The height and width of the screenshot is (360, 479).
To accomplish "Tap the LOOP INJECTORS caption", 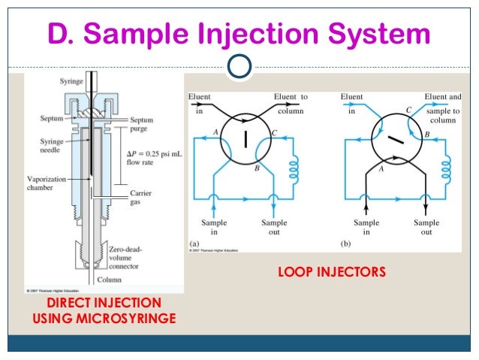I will pyautogui.click(x=332, y=271).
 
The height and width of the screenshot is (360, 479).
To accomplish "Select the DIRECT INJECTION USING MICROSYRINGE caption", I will pyautogui.click(x=104, y=310).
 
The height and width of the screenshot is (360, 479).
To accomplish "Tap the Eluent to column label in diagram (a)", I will pyautogui.click(x=291, y=103).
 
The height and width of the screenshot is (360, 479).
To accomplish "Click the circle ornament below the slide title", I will pyautogui.click(x=239, y=68).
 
